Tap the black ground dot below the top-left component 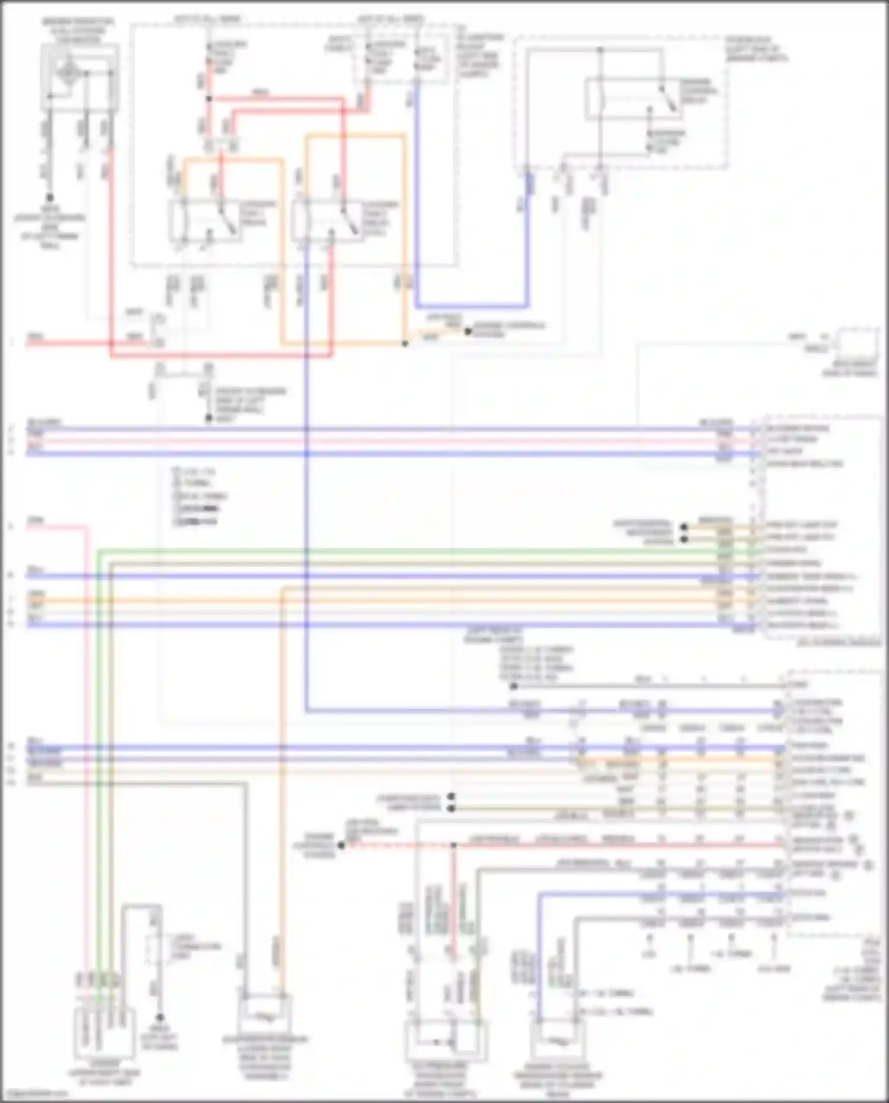[50, 198]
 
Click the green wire [415, 551]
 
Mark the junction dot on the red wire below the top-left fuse [209, 98]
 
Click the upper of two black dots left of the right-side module [684, 526]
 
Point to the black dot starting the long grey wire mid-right [514, 686]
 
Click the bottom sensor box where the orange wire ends [264, 1016]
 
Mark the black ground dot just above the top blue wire [209, 419]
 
